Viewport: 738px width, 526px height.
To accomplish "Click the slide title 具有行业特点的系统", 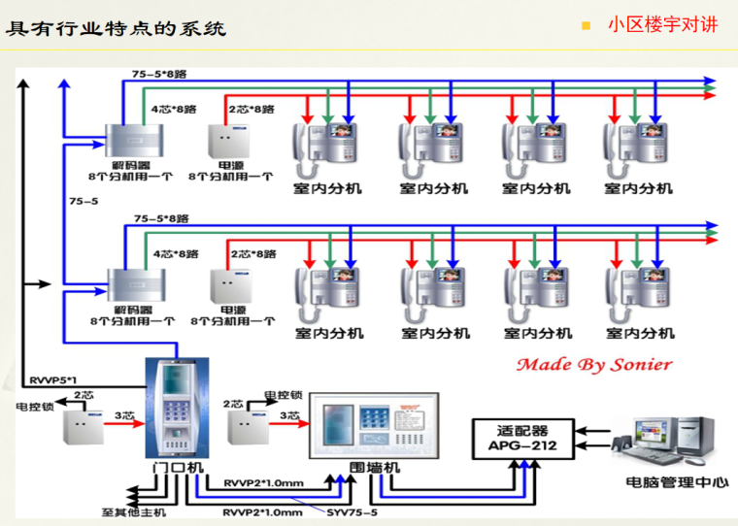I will tap(116, 28).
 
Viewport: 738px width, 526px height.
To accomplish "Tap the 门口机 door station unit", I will tap(177, 408).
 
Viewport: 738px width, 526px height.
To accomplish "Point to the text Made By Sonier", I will tap(593, 365).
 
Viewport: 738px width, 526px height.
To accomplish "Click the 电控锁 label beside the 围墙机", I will tap(284, 396).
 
